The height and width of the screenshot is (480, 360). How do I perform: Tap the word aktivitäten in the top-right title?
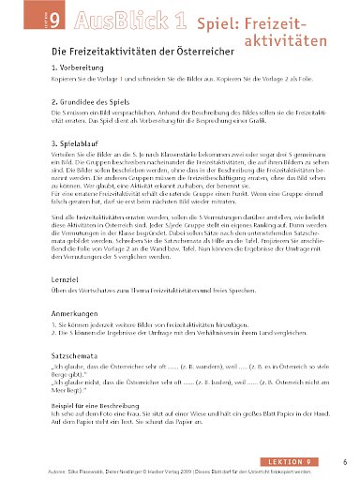pyautogui.click(x=296, y=40)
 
